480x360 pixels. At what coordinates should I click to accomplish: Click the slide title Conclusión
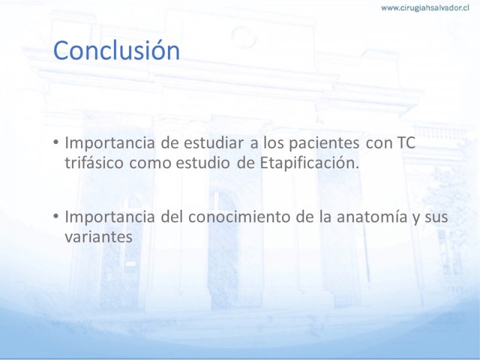tap(116, 50)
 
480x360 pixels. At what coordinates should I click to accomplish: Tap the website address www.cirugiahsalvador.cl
tap(425, 8)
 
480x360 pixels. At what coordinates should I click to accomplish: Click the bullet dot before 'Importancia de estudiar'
tap(56, 142)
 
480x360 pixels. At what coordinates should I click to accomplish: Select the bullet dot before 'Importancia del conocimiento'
tap(56, 217)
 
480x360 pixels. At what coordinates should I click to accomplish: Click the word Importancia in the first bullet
tap(110, 143)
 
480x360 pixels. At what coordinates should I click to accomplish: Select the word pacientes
tap(324, 143)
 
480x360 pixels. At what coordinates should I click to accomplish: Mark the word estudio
tap(203, 163)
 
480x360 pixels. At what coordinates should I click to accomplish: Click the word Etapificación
tap(309, 163)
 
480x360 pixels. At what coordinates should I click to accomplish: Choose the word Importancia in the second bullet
tap(110, 217)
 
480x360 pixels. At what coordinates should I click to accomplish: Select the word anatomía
tap(372, 217)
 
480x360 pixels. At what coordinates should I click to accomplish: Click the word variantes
tap(98, 236)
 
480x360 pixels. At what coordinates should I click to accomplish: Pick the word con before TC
tap(379, 144)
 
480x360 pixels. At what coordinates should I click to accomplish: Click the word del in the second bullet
tap(172, 217)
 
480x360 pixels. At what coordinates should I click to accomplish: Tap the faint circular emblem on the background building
tap(244, 37)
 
